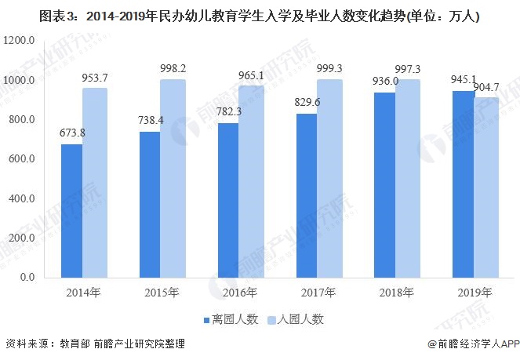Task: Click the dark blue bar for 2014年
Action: (71, 210)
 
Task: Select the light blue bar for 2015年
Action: (173, 178)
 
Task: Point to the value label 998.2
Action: (174, 67)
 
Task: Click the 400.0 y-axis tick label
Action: (21, 198)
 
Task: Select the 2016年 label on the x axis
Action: (239, 293)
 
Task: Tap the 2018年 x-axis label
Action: (396, 293)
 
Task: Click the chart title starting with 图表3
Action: (259, 15)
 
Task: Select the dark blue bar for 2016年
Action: (228, 200)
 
